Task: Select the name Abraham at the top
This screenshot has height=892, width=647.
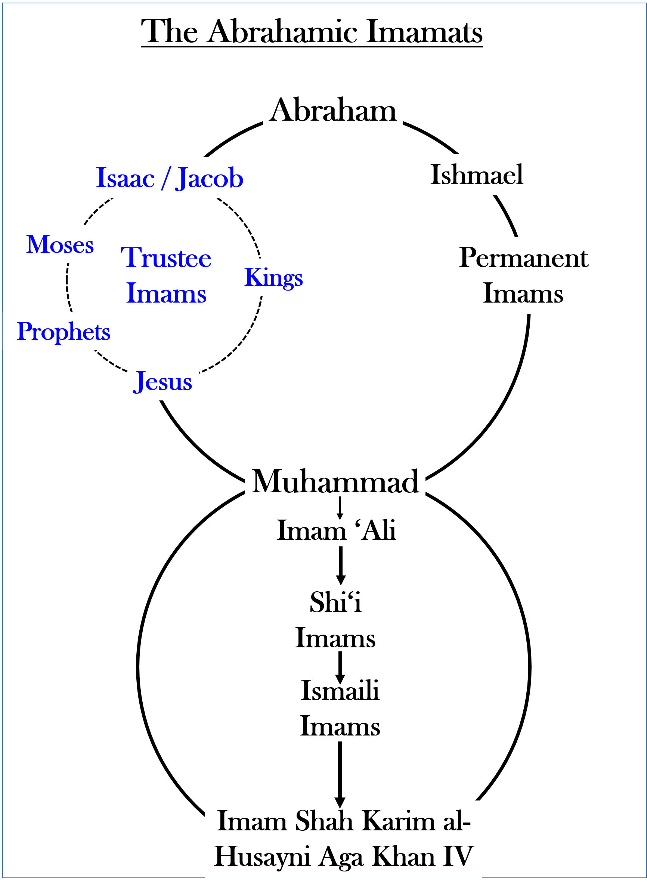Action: tap(333, 111)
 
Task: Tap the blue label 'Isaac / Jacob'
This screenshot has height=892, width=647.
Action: tap(170, 178)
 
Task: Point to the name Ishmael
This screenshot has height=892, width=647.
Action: tap(477, 174)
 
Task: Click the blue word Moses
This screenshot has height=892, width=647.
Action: tap(60, 245)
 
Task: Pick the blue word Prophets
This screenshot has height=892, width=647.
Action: tap(64, 332)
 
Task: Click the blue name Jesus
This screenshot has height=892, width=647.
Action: tap(162, 382)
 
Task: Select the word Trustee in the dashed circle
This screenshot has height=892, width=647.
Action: tap(166, 258)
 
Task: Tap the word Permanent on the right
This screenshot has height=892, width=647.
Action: tap(523, 258)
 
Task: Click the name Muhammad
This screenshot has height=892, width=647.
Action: tap(335, 482)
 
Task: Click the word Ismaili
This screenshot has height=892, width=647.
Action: tap(340, 691)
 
